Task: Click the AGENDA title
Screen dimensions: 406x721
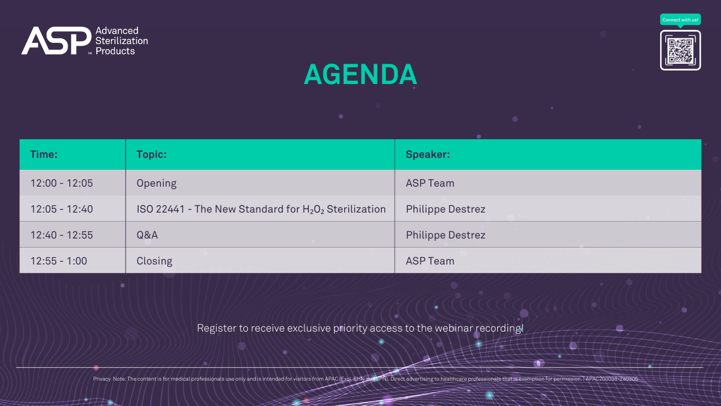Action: [x=360, y=74]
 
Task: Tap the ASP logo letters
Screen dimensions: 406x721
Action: [x=56, y=41]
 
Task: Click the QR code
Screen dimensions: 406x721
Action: [x=680, y=51]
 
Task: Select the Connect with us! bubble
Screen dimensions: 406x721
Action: [x=680, y=20]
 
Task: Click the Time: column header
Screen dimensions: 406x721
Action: [x=44, y=155]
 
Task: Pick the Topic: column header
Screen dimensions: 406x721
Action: [x=152, y=155]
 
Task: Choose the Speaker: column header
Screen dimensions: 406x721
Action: [x=428, y=155]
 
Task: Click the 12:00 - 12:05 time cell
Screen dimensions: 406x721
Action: [x=61, y=183]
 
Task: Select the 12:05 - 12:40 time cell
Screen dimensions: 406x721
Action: [x=61, y=209]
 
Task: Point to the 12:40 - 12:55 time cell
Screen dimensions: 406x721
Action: [x=61, y=235]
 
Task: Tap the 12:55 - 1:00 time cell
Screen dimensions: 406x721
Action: [x=59, y=261]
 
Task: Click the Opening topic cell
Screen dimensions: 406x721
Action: [x=157, y=183]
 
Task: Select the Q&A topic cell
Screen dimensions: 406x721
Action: [x=147, y=235]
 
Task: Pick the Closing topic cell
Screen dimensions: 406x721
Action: [x=154, y=261]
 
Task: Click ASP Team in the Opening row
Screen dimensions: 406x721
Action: [x=430, y=183]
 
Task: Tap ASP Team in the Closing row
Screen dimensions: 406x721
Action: [x=430, y=261]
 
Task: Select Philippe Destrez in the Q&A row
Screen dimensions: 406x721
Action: [x=446, y=235]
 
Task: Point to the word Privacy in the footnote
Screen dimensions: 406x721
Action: [x=101, y=379]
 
